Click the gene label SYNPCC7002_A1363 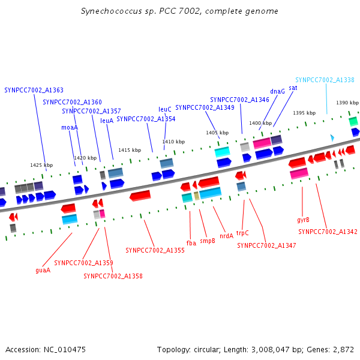34,90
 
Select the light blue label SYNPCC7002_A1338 325,80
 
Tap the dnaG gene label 277,92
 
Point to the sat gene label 293,88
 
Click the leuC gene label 165,109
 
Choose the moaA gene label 70,127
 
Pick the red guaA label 43,270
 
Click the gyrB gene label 303,220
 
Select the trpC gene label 242,233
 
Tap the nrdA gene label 226,236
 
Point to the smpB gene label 208,241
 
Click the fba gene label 191,243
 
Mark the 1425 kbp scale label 41,165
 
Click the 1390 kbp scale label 347,103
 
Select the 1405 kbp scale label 217,133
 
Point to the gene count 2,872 343,349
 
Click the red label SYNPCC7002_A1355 155,250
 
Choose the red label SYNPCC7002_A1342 328,232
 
